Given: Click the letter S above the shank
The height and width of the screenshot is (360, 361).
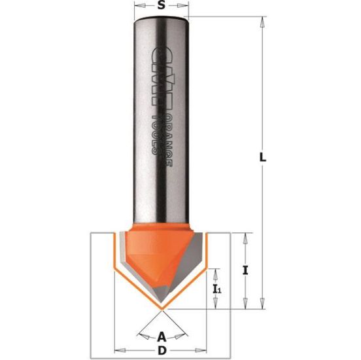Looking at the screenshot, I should [x=161, y=7].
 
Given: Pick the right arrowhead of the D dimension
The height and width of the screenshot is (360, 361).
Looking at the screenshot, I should [x=209, y=347].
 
